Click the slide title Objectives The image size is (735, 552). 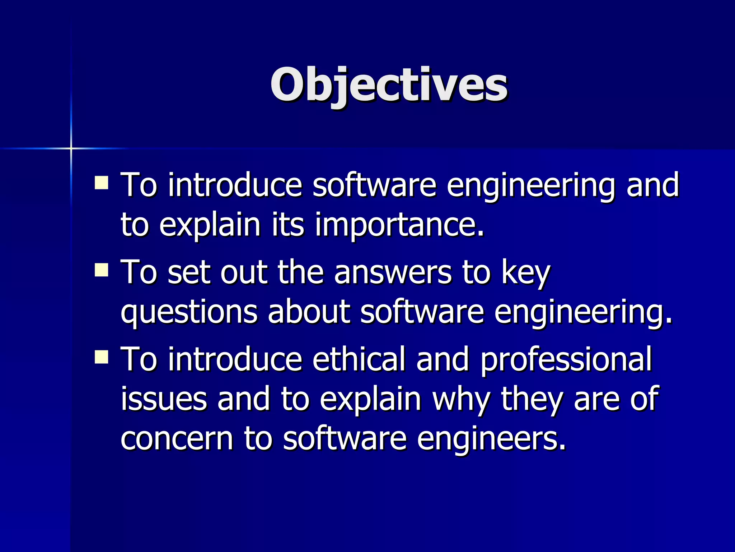tap(389, 86)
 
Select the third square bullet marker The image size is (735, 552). tap(102, 357)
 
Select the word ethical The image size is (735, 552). tap(359, 359)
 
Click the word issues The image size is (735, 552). tap(164, 399)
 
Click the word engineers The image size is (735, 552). tap(491, 439)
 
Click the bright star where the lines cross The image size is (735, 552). tap(71, 148)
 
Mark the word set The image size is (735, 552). tap(188, 272)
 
